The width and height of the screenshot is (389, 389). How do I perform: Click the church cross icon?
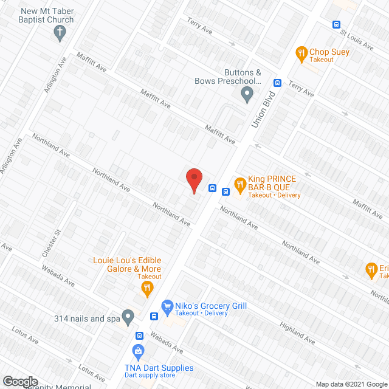[x=60, y=35]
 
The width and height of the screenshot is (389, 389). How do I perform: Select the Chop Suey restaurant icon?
[x=301, y=54]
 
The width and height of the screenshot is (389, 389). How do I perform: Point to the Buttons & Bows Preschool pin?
[x=247, y=94]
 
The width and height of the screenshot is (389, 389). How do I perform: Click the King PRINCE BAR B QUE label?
[x=272, y=182]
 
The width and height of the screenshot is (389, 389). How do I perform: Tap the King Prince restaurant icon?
[x=240, y=182]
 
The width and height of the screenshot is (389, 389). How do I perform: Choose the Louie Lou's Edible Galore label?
[x=126, y=264]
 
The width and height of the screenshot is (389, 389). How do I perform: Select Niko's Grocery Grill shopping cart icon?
[x=165, y=306]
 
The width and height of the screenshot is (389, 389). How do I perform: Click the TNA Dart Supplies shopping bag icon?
[x=139, y=351]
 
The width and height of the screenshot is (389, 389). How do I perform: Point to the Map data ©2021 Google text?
[x=351, y=384]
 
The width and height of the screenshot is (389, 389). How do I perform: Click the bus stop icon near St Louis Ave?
[x=336, y=25]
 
